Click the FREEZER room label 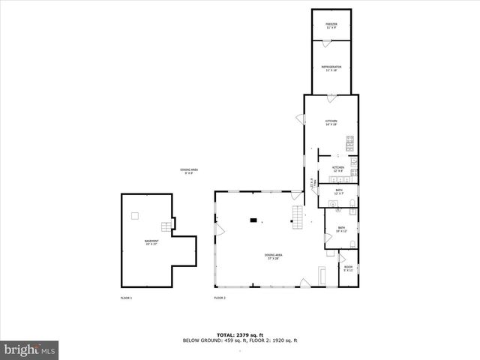coord(331,25)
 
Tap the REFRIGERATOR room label coord(331,68)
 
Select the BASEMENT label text coord(151,242)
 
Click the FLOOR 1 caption coord(126,298)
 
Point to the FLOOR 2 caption coord(220,298)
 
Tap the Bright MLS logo coord(30,349)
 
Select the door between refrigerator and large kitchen coord(331,97)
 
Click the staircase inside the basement coord(164,227)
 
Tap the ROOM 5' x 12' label coord(348,268)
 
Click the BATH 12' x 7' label coord(339,192)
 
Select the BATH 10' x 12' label coord(341,229)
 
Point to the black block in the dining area coord(253,220)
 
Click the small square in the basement coord(135,216)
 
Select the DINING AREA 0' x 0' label coord(188,172)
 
